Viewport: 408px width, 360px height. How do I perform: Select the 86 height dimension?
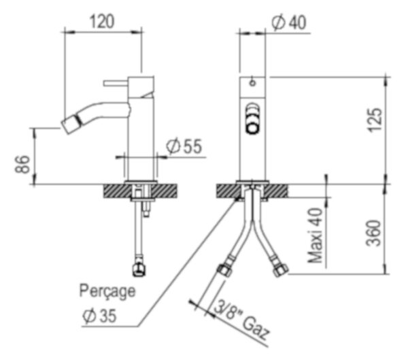22,164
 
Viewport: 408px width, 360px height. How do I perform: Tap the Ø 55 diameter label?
184,146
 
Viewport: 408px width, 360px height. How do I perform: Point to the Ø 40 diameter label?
288,22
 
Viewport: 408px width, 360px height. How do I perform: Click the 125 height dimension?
375,120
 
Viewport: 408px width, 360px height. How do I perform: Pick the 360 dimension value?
373,233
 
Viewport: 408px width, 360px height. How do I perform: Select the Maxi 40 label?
315,235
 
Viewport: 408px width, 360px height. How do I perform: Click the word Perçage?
107,291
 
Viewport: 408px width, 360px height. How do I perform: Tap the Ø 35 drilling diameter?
99,316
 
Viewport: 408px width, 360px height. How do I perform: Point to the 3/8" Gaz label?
241,321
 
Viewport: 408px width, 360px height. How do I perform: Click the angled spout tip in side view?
71,124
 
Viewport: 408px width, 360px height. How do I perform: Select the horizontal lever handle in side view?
116,83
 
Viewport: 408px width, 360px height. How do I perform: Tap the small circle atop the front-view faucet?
252,83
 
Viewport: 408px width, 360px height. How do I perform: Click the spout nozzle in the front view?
252,119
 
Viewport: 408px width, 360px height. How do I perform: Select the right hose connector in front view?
280,270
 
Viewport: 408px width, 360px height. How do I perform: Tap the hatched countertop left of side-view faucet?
116,191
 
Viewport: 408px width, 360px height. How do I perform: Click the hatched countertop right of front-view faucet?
277,191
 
